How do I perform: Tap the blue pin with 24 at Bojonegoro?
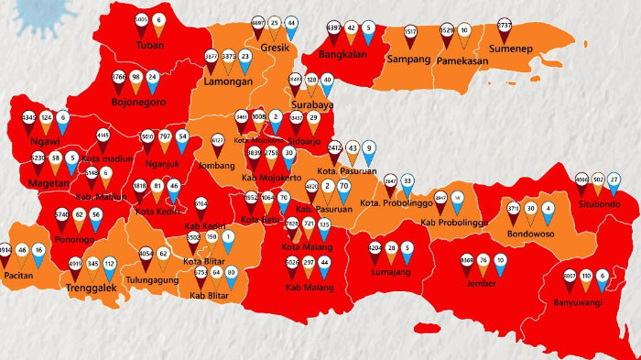tap(153, 80)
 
